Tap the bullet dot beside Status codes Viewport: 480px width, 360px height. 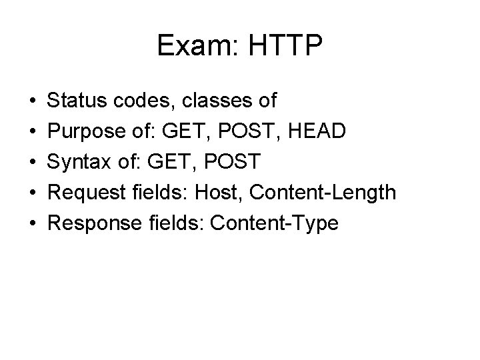33,101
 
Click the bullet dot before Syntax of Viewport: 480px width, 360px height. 33,163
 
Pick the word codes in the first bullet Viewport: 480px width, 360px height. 145,101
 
